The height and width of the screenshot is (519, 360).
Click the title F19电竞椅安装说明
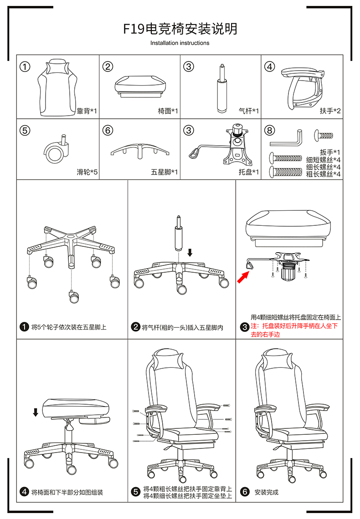[180, 29]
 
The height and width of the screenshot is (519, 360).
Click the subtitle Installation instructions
[180, 43]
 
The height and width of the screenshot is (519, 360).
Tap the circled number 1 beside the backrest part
[25, 67]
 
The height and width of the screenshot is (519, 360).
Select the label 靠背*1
[87, 111]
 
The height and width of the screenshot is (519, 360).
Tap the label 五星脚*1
[165, 173]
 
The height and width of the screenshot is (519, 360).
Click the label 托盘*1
[249, 173]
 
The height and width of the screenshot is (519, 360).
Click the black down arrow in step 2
[190, 252]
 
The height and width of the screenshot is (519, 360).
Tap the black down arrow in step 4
[36, 412]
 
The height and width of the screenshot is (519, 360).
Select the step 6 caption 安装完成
[267, 492]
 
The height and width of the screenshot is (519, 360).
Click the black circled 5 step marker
[135, 492]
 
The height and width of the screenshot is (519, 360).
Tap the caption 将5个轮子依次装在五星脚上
[69, 327]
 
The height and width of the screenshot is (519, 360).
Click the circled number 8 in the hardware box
[270, 131]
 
